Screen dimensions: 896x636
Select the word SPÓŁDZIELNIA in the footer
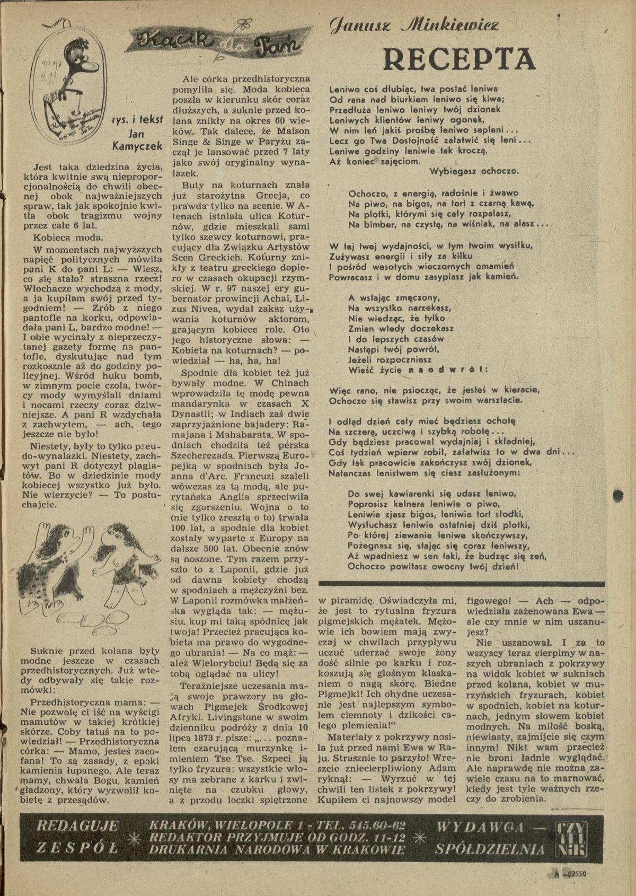click(487, 848)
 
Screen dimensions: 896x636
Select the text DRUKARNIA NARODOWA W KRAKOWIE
click(273, 849)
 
